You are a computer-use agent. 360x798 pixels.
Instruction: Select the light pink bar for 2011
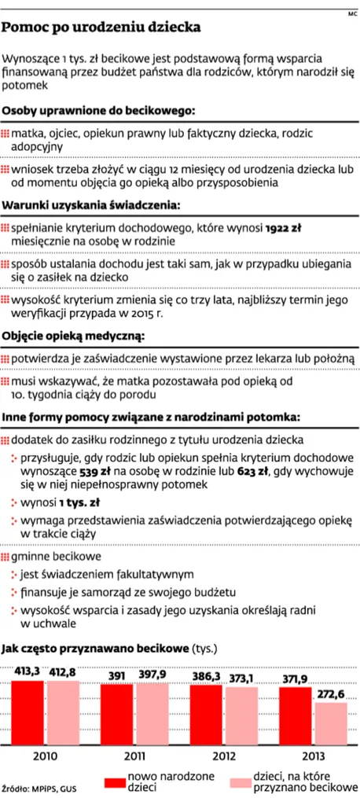(x=152, y=714)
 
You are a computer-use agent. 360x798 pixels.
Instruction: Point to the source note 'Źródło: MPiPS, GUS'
(x=39, y=786)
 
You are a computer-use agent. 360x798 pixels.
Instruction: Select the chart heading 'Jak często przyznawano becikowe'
(x=94, y=649)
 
